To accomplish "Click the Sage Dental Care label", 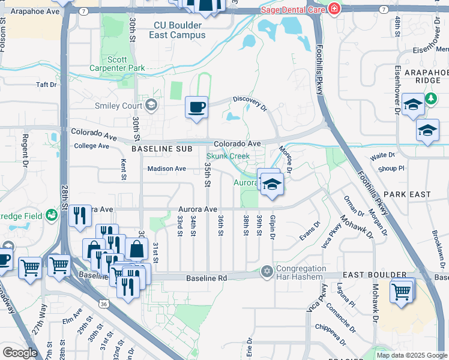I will pos(292,10).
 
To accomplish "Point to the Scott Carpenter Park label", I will pos(126,64).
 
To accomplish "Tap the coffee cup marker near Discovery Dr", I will pos(196,108).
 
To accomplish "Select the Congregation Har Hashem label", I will pos(301,272).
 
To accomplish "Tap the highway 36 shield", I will pos(104,304).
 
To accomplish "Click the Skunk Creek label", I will pos(232,157).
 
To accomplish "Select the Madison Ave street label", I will pos(167,169).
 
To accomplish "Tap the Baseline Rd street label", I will pos(206,278).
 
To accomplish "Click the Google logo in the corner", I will pos(19,352).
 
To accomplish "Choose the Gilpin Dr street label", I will pos(273,228).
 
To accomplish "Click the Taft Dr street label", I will pos(46,85).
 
